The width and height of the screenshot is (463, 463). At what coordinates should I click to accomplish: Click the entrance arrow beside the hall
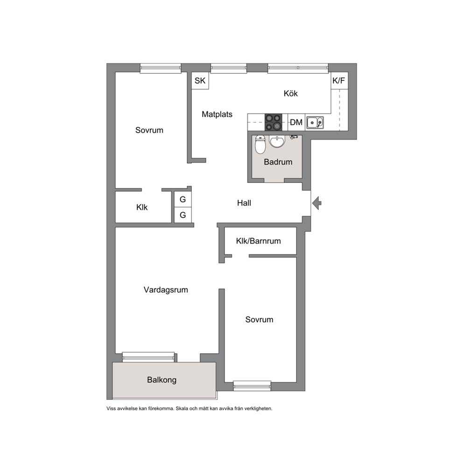coord(317,203)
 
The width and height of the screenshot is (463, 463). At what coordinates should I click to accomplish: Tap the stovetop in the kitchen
coord(273,122)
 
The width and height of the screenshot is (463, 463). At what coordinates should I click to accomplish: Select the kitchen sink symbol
coord(315,123)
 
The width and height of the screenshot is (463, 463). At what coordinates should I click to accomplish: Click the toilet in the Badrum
coord(260,144)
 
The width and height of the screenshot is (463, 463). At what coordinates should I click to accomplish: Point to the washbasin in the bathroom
coord(277,141)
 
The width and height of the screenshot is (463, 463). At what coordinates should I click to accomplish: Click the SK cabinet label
coord(200,81)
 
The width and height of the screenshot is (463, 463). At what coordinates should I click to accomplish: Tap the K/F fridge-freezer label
coord(339,81)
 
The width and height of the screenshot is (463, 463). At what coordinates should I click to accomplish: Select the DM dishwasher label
coord(296,122)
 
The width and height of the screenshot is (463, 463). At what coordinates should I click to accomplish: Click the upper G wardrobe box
coord(183,200)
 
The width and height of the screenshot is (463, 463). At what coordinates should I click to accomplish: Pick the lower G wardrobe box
coord(183,215)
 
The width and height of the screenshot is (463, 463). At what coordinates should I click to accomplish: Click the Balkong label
coord(162,380)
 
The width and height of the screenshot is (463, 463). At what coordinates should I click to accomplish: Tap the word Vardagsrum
coord(166,290)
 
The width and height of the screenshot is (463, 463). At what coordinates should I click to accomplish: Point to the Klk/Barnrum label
coord(259,241)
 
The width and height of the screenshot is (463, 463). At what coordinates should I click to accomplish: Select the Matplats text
coord(217,114)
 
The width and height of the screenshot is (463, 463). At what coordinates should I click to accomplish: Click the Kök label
coord(291,93)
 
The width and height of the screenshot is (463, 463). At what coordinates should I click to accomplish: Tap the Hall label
coord(244,203)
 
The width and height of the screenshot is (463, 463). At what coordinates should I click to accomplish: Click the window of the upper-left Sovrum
coord(161,68)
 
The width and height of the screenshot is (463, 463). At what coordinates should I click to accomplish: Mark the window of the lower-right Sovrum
coord(252,386)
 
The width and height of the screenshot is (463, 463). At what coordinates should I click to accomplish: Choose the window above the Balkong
coord(148,357)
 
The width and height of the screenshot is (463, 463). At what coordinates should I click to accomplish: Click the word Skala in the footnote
coord(182,409)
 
